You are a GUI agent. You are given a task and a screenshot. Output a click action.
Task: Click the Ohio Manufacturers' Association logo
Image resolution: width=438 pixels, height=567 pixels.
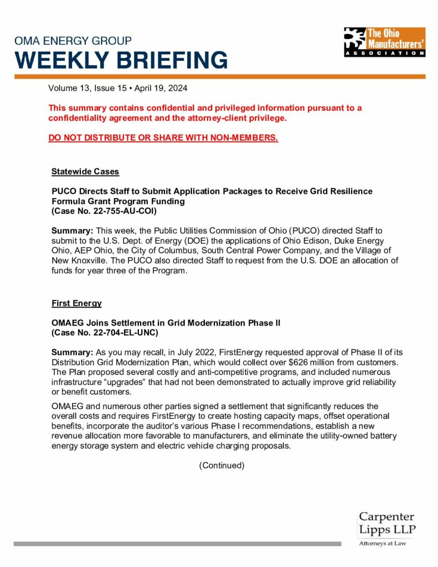coord(384,42)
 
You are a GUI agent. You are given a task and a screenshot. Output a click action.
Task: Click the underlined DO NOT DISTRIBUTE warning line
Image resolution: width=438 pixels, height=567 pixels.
coord(163,137)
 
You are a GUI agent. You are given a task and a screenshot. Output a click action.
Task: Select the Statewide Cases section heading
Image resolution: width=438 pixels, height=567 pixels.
coord(85,172)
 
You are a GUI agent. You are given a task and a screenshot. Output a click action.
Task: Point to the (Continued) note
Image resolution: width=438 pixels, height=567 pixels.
coord(221,465)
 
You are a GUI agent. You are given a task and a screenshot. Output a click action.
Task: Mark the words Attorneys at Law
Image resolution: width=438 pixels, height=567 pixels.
coord(383,543)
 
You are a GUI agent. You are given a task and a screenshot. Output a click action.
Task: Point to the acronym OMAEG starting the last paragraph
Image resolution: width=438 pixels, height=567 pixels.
coord(67,406)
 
